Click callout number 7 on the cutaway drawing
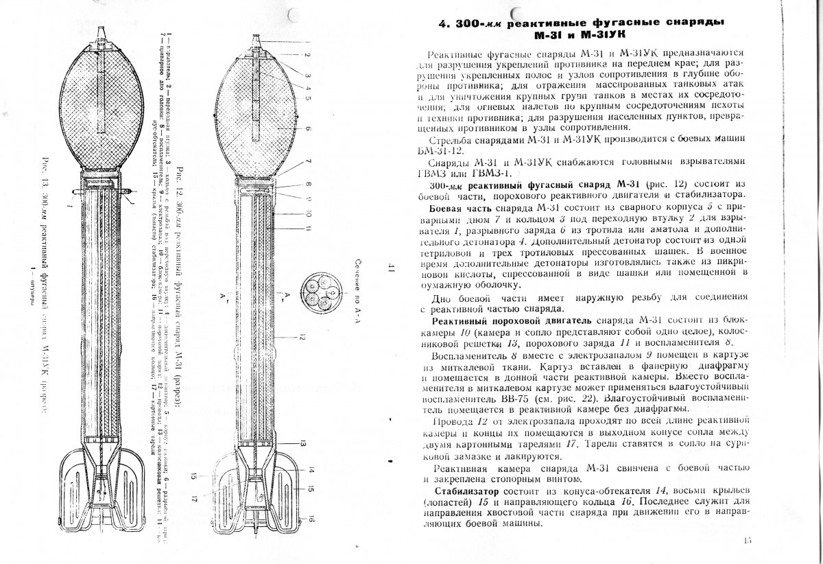point(309,161)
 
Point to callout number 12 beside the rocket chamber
point(302,336)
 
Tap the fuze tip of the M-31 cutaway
point(257,38)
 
